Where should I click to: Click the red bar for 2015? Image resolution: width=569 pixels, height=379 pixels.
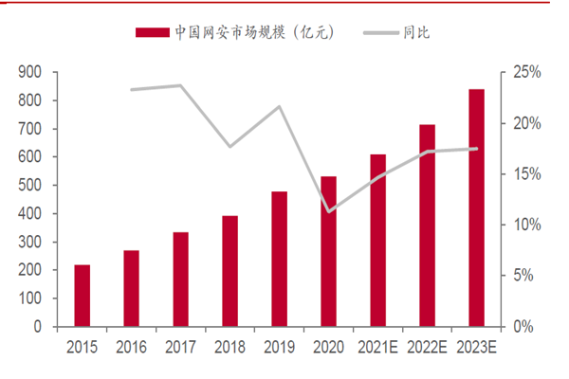[x=83, y=296]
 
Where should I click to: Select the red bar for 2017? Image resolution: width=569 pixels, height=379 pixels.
[x=181, y=280]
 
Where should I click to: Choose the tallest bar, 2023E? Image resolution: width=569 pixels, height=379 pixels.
[x=476, y=208]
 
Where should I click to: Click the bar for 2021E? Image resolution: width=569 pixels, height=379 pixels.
[x=378, y=241]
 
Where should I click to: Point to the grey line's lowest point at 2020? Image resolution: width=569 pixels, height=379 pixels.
[x=329, y=211]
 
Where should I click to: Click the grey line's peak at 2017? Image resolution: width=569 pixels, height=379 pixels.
[x=181, y=85]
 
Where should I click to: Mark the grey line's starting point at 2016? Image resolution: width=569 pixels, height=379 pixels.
[x=132, y=90]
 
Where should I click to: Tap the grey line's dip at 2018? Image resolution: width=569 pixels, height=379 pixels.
[x=230, y=147]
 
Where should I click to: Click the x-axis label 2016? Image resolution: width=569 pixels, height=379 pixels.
[x=132, y=347]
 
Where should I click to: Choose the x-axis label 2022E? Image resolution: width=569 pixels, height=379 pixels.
[x=427, y=347]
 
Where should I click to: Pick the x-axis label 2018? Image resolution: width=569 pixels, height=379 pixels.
[x=230, y=347]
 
